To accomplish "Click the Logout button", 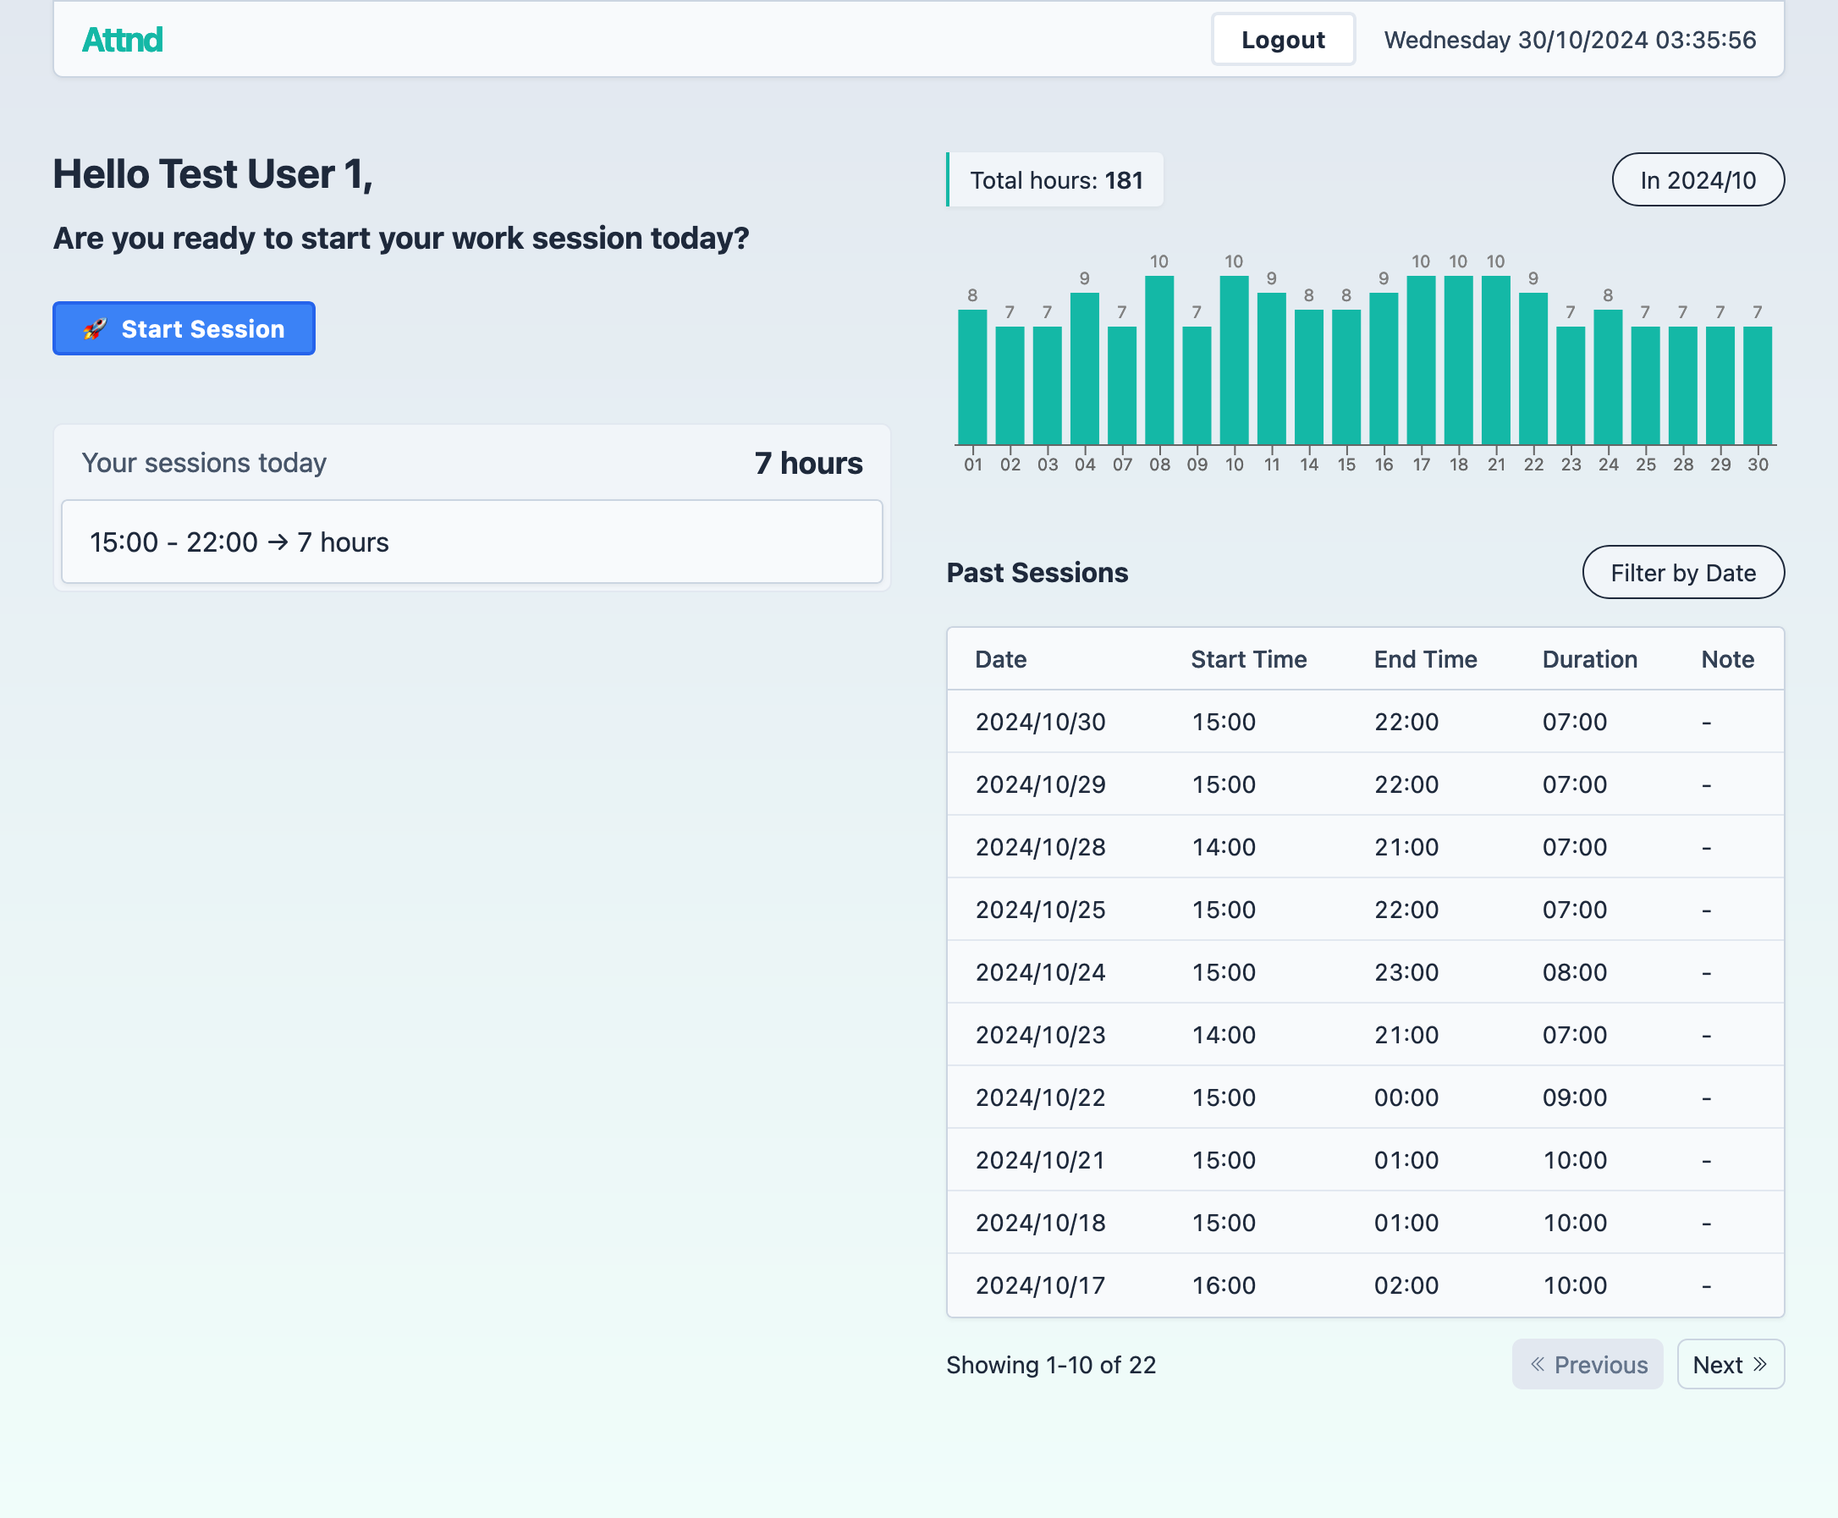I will click(x=1283, y=40).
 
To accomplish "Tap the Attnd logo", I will click(x=123, y=40).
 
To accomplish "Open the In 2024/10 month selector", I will click(x=1698, y=180).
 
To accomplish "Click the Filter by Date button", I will click(x=1682, y=573).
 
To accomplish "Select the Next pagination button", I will click(x=1730, y=1364).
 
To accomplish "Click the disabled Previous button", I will click(x=1587, y=1364).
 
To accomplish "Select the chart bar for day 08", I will click(x=1159, y=360).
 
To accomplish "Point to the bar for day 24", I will click(x=1607, y=377).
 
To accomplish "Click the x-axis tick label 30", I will click(x=1758, y=465).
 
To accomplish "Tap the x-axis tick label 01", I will click(x=972, y=465).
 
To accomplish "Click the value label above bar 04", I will click(x=1084, y=278).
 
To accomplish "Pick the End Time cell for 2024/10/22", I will click(x=1406, y=1097).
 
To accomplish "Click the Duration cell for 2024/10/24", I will click(x=1574, y=972).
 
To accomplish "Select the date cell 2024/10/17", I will click(x=1041, y=1285).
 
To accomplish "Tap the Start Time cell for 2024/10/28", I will click(x=1224, y=847).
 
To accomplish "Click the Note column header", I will click(x=1727, y=659).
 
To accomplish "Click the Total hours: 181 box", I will click(x=1055, y=180).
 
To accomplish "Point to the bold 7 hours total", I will click(x=808, y=464).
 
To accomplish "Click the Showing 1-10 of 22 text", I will click(x=1051, y=1365).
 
